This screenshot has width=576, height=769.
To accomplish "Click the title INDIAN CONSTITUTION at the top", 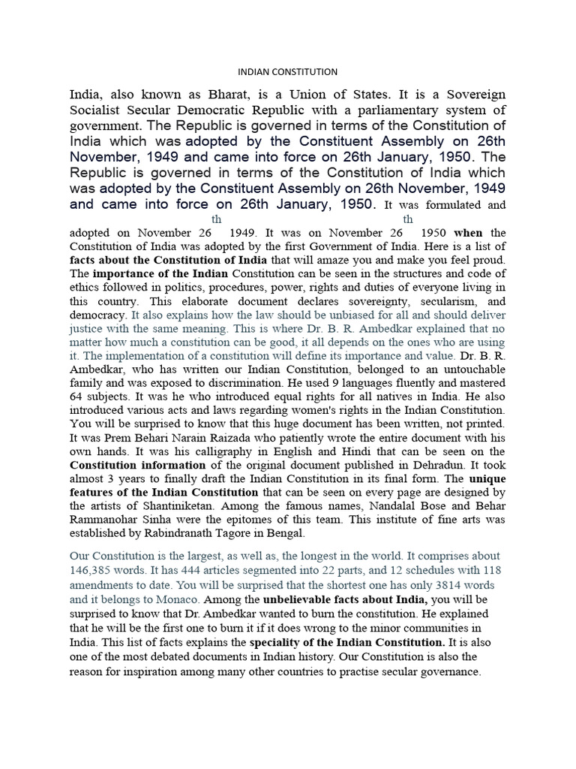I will coord(288,72).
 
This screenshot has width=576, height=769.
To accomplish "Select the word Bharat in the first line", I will coord(220,95).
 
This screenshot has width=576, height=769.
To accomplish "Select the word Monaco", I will coord(177,600).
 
